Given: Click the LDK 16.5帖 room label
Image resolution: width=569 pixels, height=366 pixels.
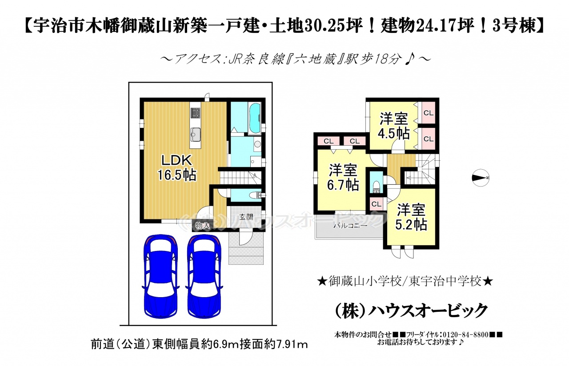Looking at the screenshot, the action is click(x=177, y=167).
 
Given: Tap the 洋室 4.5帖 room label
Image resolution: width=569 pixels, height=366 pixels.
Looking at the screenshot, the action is click(x=394, y=126).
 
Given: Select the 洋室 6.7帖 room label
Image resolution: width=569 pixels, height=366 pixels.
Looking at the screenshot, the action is click(x=343, y=177).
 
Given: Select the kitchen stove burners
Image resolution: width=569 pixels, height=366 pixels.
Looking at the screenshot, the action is click(x=195, y=113).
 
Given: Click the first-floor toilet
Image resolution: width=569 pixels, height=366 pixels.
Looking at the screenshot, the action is click(x=256, y=195).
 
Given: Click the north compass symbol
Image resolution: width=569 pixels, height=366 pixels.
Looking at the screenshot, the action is click(x=481, y=178).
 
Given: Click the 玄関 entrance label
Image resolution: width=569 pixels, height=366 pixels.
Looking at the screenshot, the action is click(x=246, y=217).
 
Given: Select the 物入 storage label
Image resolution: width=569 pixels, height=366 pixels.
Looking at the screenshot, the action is click(x=202, y=225).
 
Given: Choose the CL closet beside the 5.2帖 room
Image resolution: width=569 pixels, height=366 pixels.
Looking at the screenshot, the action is click(x=376, y=204).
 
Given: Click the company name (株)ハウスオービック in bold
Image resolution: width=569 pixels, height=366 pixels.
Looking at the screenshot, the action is click(x=412, y=310).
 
